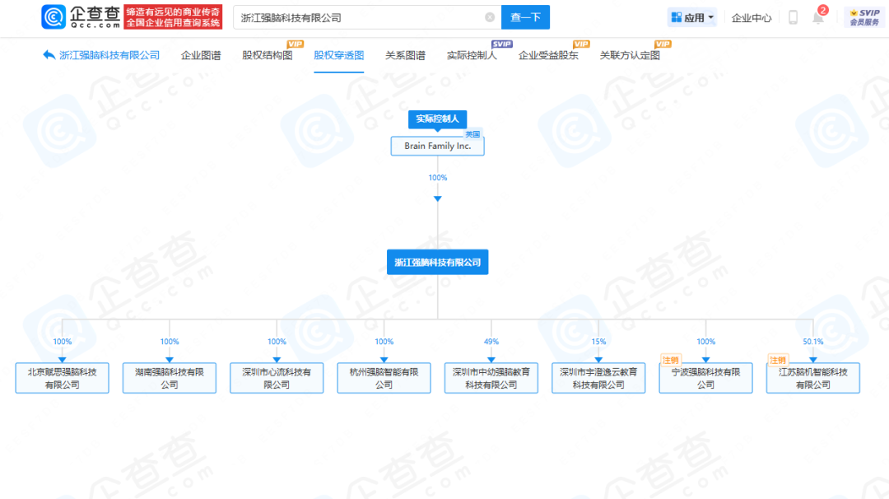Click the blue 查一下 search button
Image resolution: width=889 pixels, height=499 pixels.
coord(525,17)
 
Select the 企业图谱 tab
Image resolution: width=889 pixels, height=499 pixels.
coord(201,56)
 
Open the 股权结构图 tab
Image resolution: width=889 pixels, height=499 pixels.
coord(267,56)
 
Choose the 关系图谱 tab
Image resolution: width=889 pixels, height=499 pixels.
coord(405,56)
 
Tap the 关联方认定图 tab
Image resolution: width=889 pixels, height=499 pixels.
coord(630,56)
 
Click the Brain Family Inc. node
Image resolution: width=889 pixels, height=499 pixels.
coord(437,147)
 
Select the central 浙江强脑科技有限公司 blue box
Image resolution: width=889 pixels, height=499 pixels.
coord(437,263)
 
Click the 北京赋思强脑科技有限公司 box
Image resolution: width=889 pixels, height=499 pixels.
coord(63,378)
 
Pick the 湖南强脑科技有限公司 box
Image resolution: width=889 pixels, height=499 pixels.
coord(170,378)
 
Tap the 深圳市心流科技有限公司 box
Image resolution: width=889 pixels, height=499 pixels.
coord(277,378)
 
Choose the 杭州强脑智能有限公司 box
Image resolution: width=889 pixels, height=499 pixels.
coord(384,378)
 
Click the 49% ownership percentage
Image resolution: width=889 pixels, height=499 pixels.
coord(491,342)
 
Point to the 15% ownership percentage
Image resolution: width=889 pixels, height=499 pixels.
coord(598,342)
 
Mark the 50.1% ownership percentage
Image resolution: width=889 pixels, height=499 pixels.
coord(813,342)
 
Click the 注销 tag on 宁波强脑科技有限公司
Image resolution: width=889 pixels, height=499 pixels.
coord(671,360)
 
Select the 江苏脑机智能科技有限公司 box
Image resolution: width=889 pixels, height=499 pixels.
coord(813,378)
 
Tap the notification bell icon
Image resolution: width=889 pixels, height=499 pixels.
coord(818,18)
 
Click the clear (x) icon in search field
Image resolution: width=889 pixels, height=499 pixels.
coord(490,17)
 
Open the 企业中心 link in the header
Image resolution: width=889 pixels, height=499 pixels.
coord(752,18)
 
